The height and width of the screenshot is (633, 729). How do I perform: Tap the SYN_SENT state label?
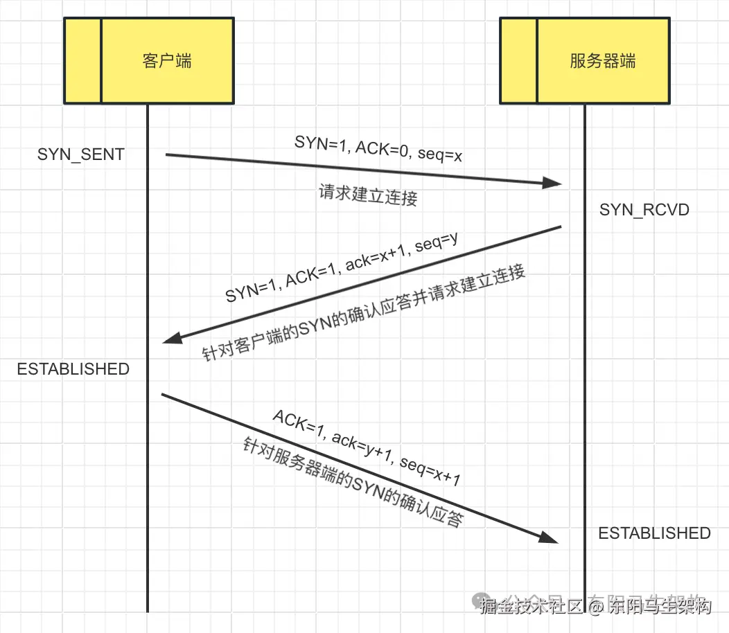[x=81, y=154]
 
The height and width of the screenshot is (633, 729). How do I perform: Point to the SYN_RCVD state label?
[x=644, y=210]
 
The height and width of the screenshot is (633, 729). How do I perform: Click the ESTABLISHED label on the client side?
[x=73, y=369]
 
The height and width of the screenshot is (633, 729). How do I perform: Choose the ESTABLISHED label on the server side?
[x=654, y=533]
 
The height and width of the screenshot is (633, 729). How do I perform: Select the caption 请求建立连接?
[x=368, y=195]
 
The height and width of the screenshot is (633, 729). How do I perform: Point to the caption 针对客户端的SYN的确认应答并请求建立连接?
[x=364, y=312]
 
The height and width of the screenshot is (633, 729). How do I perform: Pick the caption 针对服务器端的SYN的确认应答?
[x=352, y=482]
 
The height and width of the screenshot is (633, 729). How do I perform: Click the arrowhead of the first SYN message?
[x=552, y=183]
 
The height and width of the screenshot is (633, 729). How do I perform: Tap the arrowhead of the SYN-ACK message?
[x=171, y=337]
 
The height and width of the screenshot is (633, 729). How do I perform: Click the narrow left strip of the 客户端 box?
[x=82, y=61]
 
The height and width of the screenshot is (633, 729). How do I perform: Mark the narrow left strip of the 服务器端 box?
[x=518, y=61]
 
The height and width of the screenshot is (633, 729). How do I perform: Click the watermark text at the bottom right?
[x=596, y=605]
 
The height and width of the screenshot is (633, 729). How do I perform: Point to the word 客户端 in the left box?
[x=167, y=61]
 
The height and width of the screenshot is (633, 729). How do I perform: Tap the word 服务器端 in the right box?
[x=602, y=61]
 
